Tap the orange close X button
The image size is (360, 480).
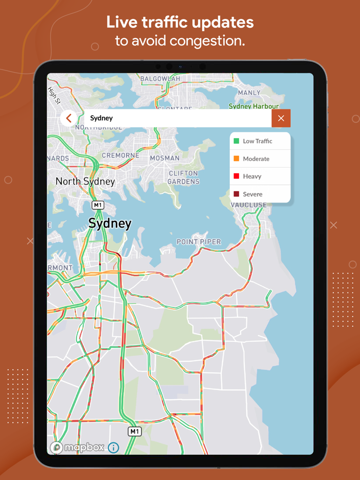click(x=281, y=118)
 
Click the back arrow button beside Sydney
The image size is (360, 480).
click(x=69, y=118)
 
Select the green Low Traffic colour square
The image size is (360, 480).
click(x=237, y=141)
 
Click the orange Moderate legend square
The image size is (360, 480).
click(x=237, y=159)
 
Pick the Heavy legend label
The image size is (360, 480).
click(x=252, y=176)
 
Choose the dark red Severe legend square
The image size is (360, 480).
click(x=237, y=194)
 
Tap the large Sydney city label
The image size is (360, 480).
click(x=110, y=224)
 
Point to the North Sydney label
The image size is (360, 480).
click(x=85, y=181)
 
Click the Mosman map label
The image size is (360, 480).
click(x=165, y=158)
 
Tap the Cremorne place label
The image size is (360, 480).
click(x=120, y=155)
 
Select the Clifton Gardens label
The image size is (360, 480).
click(x=184, y=177)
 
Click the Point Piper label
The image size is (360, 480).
click(x=199, y=242)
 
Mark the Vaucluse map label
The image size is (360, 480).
click(x=248, y=205)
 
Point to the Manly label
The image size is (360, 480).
click(x=249, y=93)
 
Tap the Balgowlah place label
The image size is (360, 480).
click(x=160, y=79)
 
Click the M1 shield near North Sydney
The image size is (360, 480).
click(x=98, y=206)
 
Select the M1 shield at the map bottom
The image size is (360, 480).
click(x=134, y=431)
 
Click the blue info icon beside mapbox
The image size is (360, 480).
click(x=113, y=448)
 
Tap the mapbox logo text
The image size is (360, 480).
click(x=84, y=448)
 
